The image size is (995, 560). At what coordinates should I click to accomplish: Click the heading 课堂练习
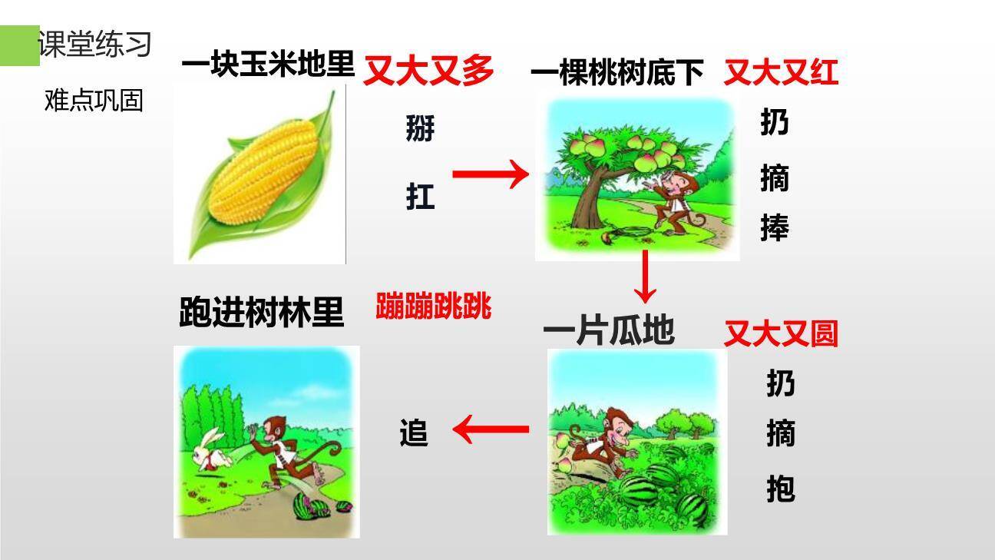pos(94,45)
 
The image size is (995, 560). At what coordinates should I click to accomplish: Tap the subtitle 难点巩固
pos(94,100)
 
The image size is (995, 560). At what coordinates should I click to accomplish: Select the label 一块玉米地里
pos(268,65)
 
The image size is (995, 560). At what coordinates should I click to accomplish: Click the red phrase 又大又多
pos(428,71)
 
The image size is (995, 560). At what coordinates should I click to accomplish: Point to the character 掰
pos(420,128)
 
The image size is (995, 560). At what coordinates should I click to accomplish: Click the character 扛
pos(420,197)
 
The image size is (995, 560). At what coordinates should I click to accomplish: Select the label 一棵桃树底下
pos(617,74)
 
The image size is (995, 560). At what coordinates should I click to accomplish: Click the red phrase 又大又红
pos(780,73)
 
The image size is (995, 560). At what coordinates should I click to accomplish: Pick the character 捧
pos(774,227)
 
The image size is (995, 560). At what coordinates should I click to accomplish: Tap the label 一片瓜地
pos(608,332)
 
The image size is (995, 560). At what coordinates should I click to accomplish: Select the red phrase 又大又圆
pos(781,334)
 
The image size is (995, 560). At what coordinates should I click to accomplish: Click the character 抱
pos(780,489)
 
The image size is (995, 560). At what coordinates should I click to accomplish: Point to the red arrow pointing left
pos(491,429)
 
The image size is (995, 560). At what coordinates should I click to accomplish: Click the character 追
pos(413,433)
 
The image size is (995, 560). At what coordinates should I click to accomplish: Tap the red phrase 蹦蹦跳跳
pos(433,307)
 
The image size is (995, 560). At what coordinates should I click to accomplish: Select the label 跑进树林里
pos(261,313)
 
